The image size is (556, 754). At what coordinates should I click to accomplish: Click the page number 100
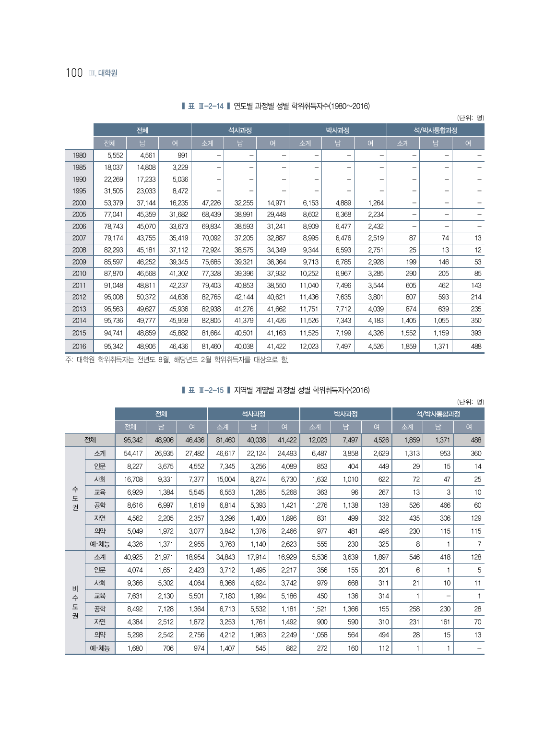click(74, 73)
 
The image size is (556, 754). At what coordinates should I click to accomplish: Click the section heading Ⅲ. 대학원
click(103, 73)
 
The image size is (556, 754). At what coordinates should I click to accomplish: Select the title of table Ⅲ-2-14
click(276, 106)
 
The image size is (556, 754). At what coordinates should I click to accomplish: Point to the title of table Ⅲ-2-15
click(276, 390)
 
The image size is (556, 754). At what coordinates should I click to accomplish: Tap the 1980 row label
click(79, 156)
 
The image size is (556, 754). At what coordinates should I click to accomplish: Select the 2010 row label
click(79, 274)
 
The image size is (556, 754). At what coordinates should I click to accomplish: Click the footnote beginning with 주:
click(177, 359)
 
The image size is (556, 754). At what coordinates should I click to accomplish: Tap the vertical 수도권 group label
click(75, 498)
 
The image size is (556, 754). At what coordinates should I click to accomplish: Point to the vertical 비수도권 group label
click(75, 602)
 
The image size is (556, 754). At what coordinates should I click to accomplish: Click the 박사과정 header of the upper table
click(338, 130)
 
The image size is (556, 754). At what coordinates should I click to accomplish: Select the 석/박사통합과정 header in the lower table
click(438, 414)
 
